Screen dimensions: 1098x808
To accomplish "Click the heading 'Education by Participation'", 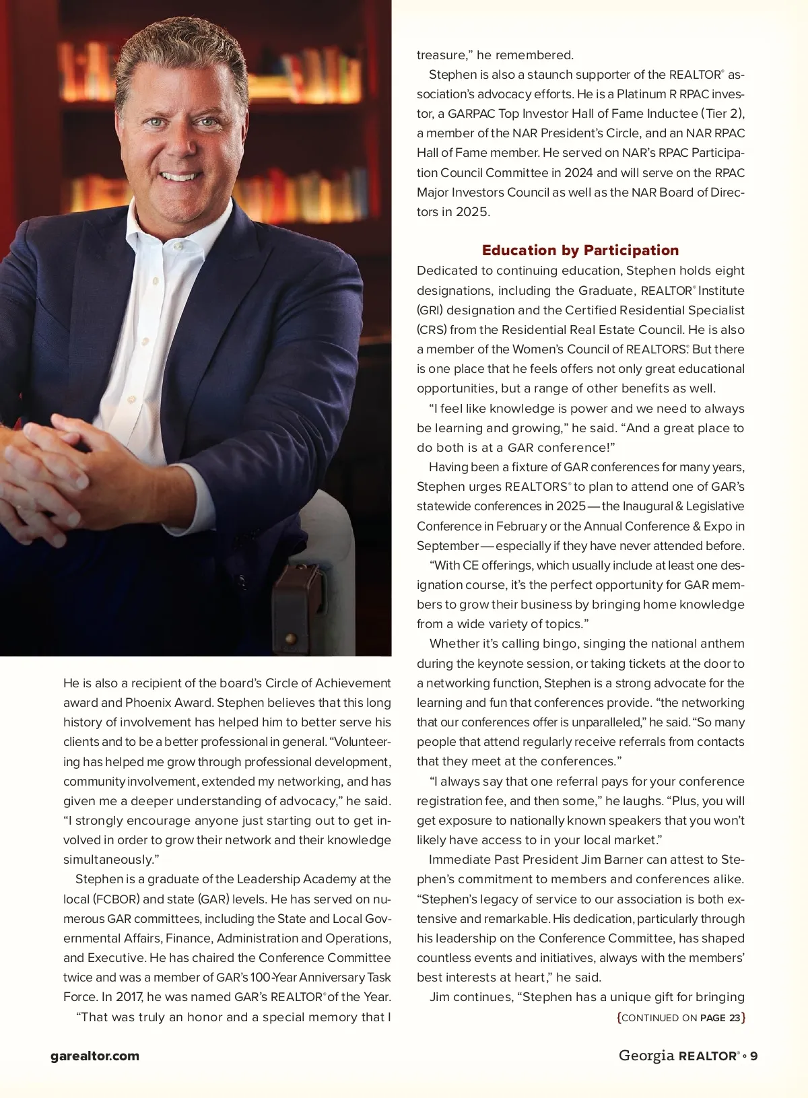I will click(x=580, y=250).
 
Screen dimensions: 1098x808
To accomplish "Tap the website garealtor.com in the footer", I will click(x=95, y=1056).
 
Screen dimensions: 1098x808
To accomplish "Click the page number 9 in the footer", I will click(x=754, y=1056).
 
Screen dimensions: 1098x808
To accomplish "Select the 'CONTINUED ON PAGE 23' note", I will click(x=681, y=1018).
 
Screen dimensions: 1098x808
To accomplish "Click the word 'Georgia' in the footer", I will click(x=646, y=1056).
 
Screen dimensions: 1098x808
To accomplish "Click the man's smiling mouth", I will click(x=179, y=176).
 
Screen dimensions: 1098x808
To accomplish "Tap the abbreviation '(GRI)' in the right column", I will click(x=429, y=310).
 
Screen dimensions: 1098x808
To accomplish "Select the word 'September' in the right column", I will click(x=447, y=546).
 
